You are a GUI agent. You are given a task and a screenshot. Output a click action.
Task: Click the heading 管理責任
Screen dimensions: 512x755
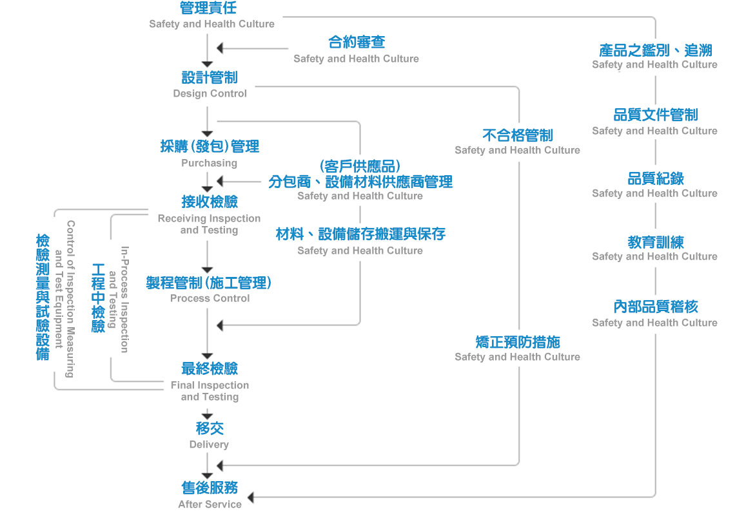[209, 8]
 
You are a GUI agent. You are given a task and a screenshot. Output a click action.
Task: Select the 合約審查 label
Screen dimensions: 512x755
[357, 43]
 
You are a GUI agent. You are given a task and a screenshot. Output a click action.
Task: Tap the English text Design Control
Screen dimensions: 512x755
[210, 93]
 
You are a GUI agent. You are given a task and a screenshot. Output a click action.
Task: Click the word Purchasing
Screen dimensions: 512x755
[209, 163]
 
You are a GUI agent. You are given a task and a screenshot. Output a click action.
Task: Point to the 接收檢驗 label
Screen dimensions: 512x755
[210, 202]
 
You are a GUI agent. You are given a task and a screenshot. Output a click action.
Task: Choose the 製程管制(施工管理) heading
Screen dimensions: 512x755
[208, 283]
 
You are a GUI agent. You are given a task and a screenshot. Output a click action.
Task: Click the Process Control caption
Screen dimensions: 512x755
[210, 298]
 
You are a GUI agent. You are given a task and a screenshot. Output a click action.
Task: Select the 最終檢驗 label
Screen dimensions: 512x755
[210, 368]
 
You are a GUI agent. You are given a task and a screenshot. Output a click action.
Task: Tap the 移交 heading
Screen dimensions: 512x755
[210, 428]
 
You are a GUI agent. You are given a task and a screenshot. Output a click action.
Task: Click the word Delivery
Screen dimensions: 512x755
[209, 444]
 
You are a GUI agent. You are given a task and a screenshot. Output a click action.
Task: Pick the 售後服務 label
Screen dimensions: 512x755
[210, 488]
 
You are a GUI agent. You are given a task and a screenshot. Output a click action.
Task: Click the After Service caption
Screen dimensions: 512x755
[210, 504]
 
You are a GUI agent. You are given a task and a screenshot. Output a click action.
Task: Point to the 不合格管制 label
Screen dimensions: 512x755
[517, 135]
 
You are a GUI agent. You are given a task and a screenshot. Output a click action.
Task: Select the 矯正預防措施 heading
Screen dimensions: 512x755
[517, 342]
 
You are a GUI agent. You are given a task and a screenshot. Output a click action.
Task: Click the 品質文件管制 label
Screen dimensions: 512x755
[655, 115]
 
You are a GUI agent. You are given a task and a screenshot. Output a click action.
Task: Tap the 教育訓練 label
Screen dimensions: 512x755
[655, 243]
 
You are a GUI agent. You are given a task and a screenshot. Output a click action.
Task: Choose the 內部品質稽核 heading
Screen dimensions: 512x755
[655, 307]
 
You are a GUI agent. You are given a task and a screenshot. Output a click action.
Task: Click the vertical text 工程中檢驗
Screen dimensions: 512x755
[98, 298]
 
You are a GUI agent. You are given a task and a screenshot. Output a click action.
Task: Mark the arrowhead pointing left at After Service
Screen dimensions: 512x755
[251, 497]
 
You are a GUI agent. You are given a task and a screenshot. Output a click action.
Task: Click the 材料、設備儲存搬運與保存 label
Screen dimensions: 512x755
[360, 234]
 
